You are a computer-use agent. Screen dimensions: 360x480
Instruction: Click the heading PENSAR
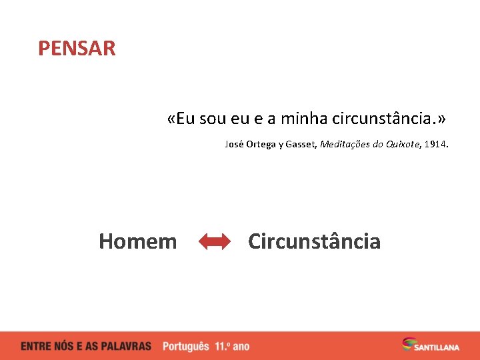(x=77, y=49)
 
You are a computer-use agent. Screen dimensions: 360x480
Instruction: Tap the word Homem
(x=138, y=241)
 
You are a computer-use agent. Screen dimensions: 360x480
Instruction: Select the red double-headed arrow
(x=214, y=242)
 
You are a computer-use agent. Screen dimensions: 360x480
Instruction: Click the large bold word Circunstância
(x=314, y=241)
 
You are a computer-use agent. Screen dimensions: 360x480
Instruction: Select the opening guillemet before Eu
(x=172, y=119)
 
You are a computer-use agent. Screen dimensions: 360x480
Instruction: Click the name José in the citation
(x=233, y=144)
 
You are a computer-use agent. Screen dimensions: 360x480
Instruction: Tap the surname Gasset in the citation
(x=302, y=144)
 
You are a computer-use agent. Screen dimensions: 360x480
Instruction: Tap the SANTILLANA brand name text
(x=437, y=347)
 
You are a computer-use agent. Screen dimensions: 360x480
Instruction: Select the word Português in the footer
(x=185, y=347)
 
